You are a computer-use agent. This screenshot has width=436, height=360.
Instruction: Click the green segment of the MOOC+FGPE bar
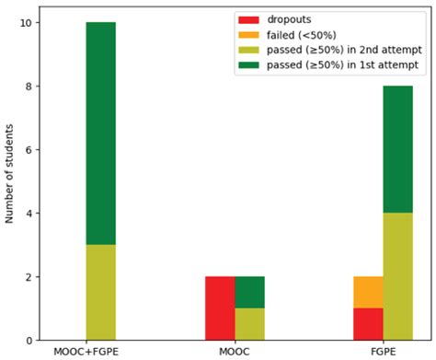coord(100,134)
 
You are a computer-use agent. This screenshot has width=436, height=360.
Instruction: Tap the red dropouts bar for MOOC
coord(220,309)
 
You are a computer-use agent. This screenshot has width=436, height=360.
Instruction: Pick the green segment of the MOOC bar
coord(249,293)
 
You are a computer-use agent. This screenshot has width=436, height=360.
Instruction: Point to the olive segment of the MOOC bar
coord(249,325)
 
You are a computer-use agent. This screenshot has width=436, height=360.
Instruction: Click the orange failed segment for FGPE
coord(367,293)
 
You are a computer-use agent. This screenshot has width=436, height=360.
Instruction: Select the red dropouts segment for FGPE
coord(367,325)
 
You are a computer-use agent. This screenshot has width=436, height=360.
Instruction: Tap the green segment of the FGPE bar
coord(397,150)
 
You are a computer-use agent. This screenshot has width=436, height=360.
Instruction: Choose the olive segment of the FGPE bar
coord(397,277)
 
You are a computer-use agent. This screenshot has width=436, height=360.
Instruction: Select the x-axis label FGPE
coord(384,352)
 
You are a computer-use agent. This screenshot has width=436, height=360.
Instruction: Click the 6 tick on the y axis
coord(33,150)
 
